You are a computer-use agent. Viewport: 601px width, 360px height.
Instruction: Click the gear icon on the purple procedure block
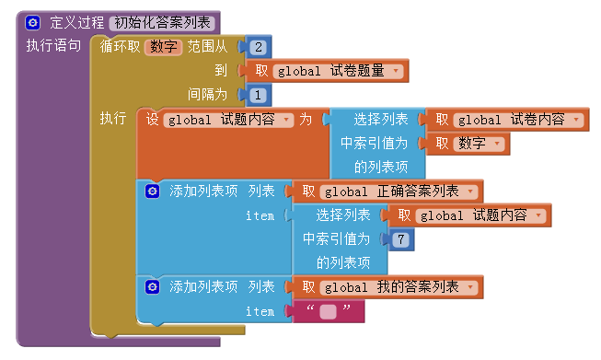[x=33, y=22]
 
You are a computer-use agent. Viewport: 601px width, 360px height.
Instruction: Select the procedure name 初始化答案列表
[x=162, y=22]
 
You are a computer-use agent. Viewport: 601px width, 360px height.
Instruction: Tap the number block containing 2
[x=259, y=46]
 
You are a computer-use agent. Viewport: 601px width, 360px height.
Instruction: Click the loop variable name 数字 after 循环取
[x=164, y=46]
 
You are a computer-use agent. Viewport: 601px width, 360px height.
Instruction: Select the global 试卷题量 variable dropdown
[x=340, y=71]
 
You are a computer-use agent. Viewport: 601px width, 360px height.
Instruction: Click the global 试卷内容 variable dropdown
[x=521, y=120]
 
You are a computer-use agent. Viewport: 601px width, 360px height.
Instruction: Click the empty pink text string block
[x=329, y=312]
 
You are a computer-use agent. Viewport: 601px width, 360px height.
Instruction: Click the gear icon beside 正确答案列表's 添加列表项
[x=154, y=192]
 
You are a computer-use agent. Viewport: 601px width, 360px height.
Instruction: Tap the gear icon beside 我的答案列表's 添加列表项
[x=154, y=288]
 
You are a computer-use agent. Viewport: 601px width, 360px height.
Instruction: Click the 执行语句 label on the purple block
[x=53, y=45]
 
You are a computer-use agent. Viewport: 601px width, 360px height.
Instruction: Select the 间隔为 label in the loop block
[x=208, y=94]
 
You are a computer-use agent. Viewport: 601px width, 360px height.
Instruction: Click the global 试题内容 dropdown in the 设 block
[x=229, y=120]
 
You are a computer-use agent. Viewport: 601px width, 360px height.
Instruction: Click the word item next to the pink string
[x=260, y=312]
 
